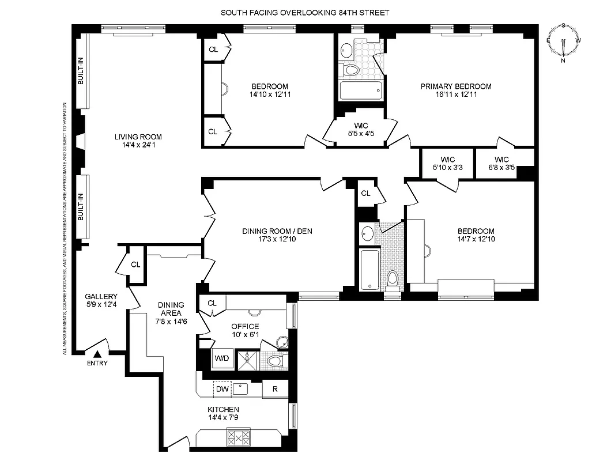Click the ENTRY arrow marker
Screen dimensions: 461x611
[x=97, y=354]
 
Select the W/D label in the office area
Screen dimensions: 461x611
[x=221, y=358]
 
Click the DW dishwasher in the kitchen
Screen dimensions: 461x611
[x=222, y=389]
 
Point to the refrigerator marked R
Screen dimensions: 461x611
[x=275, y=389]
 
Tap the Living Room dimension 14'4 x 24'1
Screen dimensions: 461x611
[x=138, y=145]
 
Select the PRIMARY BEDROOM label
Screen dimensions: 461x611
[x=455, y=86]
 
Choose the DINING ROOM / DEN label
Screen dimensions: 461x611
[x=277, y=231]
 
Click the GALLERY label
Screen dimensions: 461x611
[x=101, y=296]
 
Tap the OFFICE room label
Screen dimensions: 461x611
[x=245, y=326]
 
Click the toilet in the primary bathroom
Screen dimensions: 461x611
[x=350, y=70]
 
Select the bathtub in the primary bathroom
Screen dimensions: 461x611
[x=360, y=91]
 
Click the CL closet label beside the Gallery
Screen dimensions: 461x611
[x=135, y=264]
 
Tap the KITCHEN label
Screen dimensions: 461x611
[x=223, y=410]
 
